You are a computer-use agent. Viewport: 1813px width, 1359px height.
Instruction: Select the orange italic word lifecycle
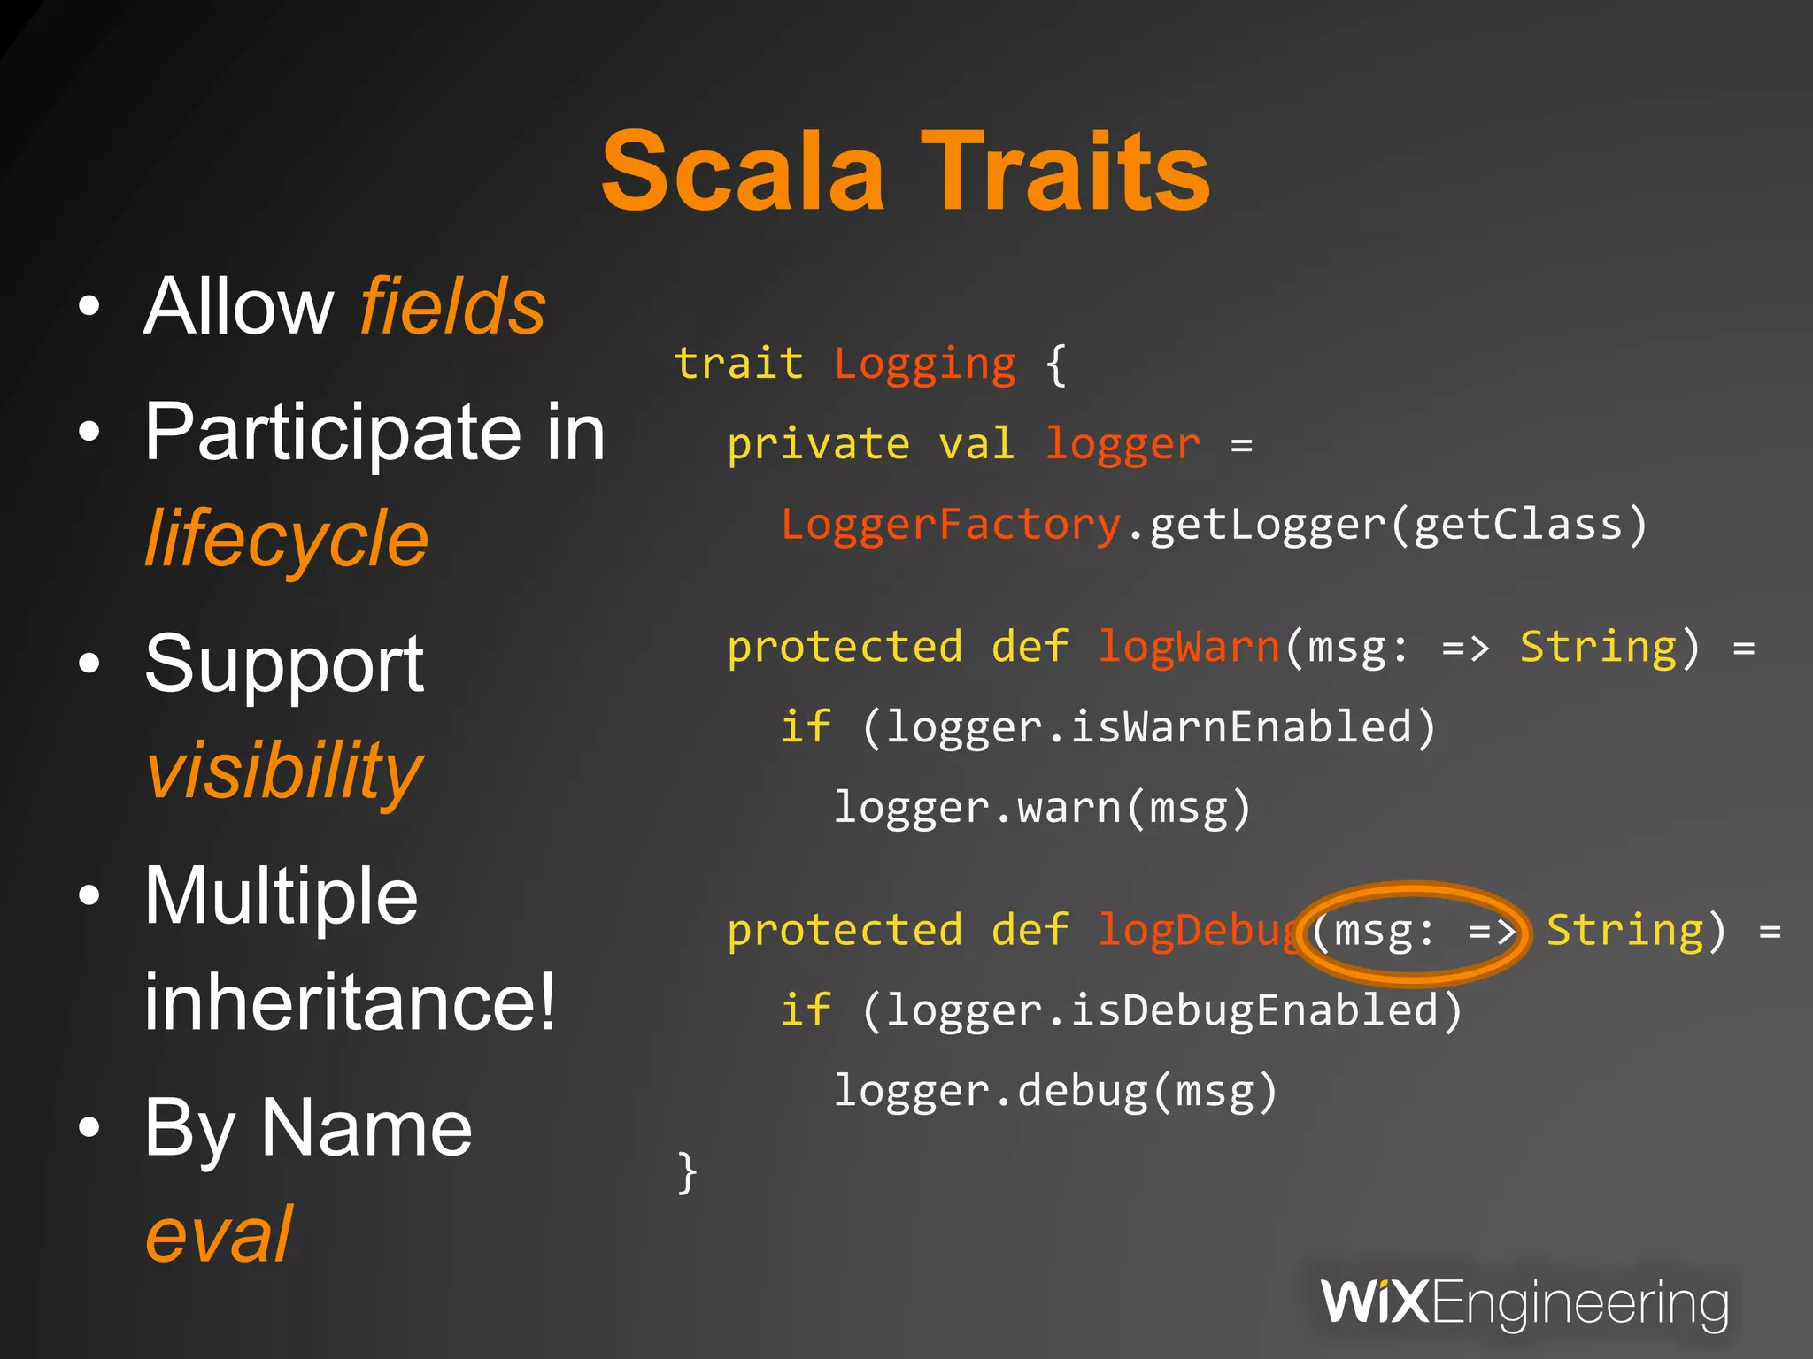(x=286, y=539)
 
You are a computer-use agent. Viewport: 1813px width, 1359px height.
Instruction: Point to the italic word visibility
(x=284, y=771)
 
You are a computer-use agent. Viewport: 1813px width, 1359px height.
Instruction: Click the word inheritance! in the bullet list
(x=351, y=1002)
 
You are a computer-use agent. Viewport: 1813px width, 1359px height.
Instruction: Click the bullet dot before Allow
(x=89, y=307)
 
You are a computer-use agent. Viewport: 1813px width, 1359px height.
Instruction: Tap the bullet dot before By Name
(x=89, y=1128)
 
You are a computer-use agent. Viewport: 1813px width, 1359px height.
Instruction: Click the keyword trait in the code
(x=738, y=364)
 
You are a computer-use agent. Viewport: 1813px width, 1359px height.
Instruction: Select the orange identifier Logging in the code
(x=925, y=364)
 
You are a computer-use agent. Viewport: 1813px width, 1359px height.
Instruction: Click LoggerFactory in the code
(x=951, y=524)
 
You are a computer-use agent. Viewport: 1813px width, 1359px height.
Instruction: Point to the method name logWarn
(x=1189, y=647)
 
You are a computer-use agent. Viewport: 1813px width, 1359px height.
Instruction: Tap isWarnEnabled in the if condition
(x=1241, y=727)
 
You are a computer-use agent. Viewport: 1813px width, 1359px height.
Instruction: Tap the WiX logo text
(x=1374, y=1301)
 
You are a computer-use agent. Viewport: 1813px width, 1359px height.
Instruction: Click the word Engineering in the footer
(x=1579, y=1303)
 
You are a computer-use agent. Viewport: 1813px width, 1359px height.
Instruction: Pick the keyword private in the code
(x=818, y=443)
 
